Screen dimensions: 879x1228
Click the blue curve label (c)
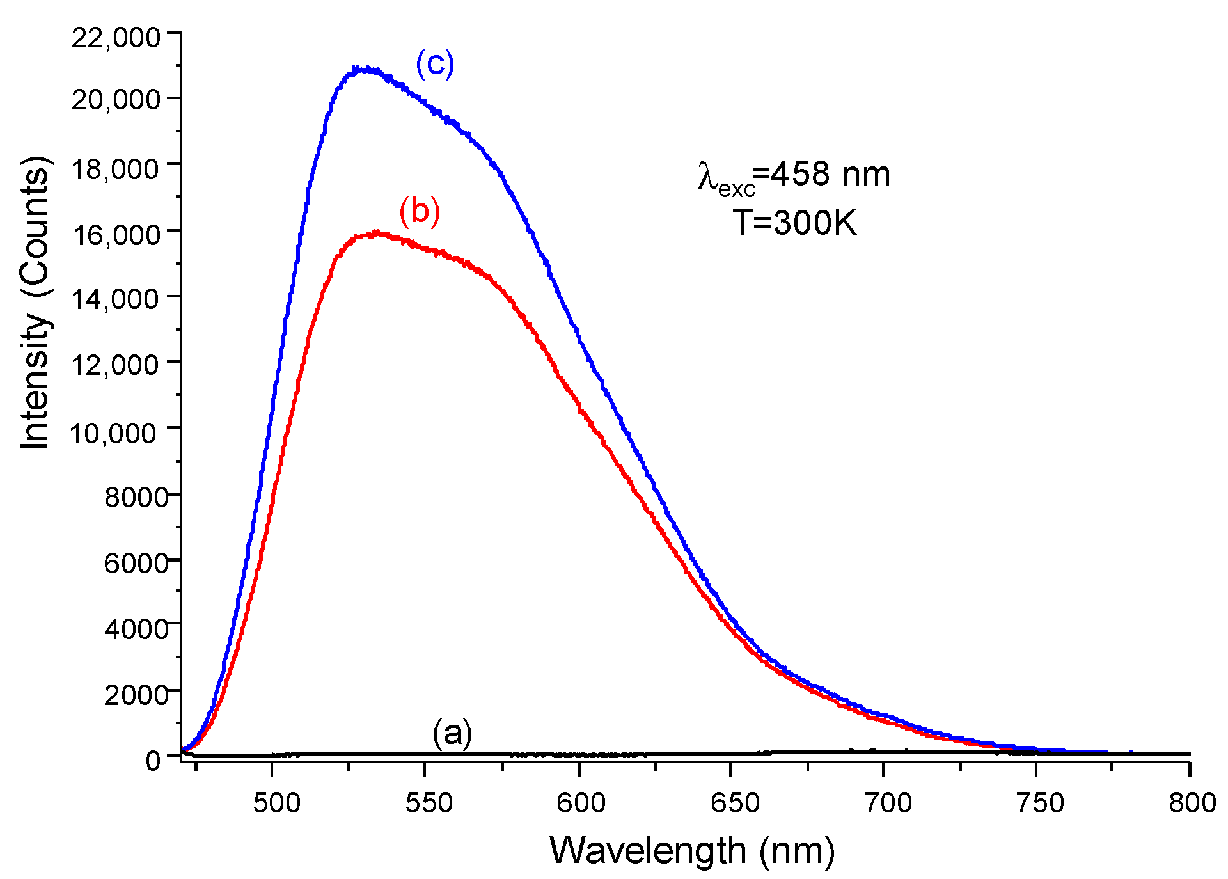[435, 64]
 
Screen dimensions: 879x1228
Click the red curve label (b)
[420, 211]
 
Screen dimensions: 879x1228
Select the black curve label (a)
[452, 733]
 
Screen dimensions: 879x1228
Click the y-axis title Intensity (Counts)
[35, 302]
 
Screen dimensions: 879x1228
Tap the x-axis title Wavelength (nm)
[692, 851]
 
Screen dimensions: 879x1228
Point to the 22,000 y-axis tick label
[116, 37]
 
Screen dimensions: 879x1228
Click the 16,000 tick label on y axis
[116, 235]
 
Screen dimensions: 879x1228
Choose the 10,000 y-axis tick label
[113, 433]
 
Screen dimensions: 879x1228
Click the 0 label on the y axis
[153, 760]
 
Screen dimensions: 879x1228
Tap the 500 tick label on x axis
[276, 802]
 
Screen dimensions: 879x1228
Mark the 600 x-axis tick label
[581, 802]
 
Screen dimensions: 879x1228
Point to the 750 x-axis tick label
[1039, 802]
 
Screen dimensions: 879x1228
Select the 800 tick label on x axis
[1192, 802]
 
